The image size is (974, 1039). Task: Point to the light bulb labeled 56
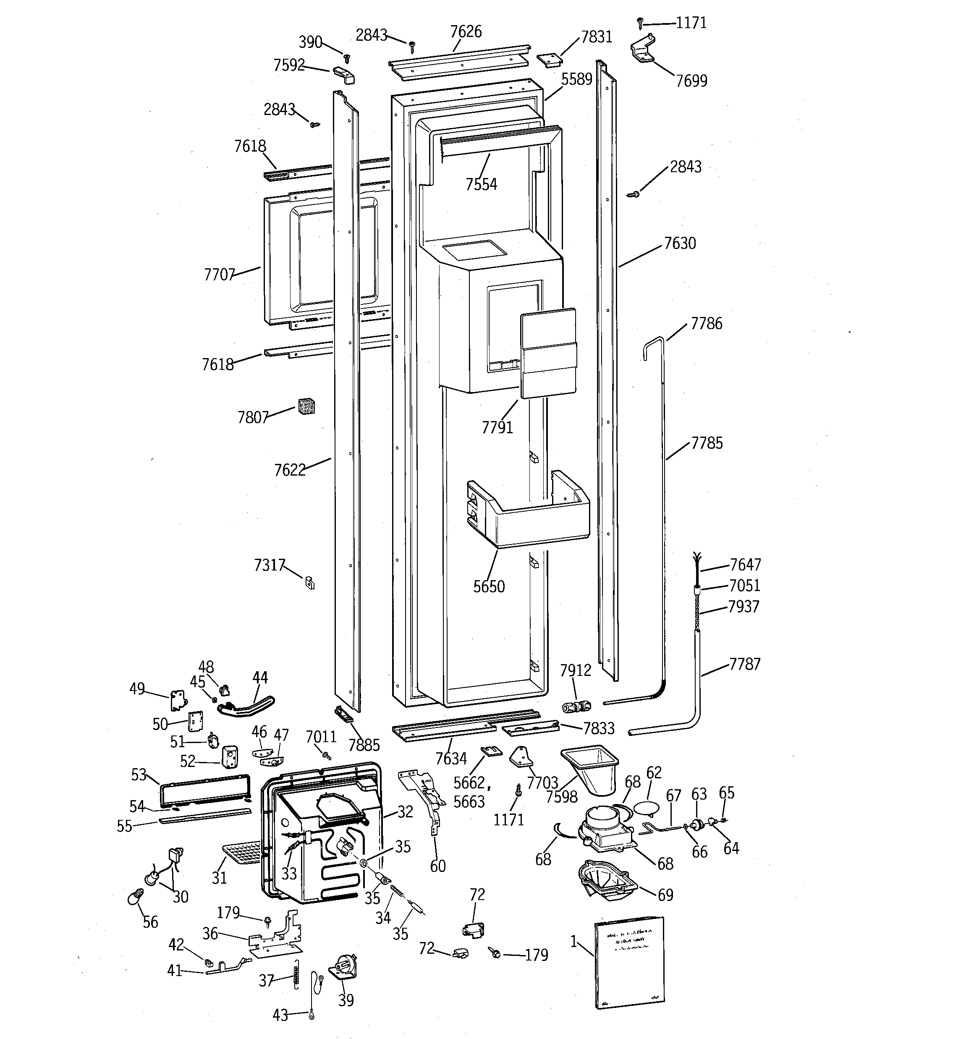coord(135,898)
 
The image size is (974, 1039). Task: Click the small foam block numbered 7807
coord(306,406)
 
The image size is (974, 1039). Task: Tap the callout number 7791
coord(497,427)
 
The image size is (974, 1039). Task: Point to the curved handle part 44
coord(246,706)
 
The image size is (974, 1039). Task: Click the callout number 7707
coord(219,275)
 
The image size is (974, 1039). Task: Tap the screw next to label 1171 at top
coord(639,23)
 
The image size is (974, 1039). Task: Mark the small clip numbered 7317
coord(309,582)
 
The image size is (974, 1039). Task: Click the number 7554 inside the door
coord(481,184)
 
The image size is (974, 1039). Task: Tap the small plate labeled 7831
coord(548,60)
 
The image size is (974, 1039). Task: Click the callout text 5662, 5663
coord(469,792)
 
